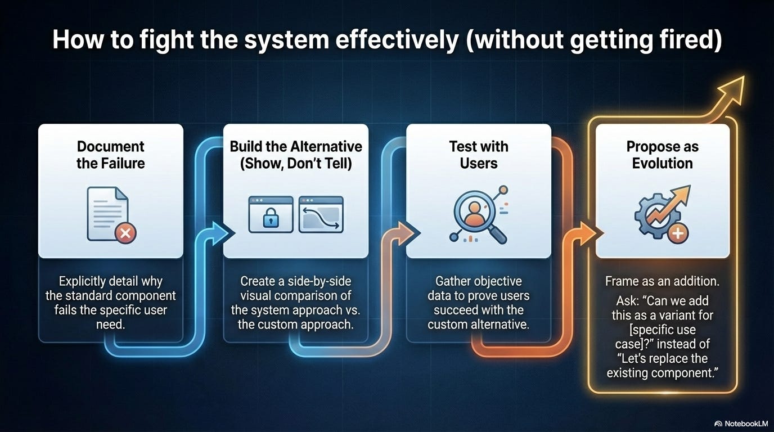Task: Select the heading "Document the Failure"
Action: [x=111, y=155]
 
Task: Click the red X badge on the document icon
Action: [x=125, y=232]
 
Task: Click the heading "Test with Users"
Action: [x=479, y=155]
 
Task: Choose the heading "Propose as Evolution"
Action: [x=662, y=155]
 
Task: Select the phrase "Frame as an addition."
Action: [x=662, y=281]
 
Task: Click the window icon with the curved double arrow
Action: [x=321, y=214]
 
